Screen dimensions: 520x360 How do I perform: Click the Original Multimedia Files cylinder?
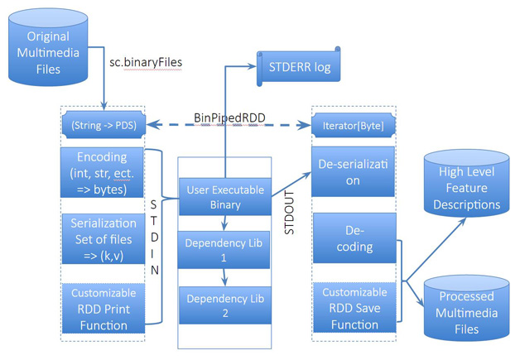pyautogui.click(x=48, y=47)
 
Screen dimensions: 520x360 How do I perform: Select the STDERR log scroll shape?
pyautogui.click(x=299, y=67)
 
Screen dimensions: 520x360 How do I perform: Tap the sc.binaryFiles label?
pyautogui.click(x=146, y=62)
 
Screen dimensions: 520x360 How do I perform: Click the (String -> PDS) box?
pyautogui.click(x=104, y=125)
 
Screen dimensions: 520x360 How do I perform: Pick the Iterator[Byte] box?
pyautogui.click(x=354, y=126)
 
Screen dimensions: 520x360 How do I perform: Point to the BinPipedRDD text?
pyautogui.click(x=229, y=118)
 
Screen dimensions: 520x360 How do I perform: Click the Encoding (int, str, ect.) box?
pyautogui.click(x=102, y=173)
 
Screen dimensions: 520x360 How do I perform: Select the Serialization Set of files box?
pyautogui.click(x=104, y=239)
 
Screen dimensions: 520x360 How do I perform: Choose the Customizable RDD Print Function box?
pyautogui.click(x=104, y=309)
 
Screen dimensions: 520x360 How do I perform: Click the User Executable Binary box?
pyautogui.click(x=225, y=197)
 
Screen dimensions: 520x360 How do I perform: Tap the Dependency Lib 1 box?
pyautogui.click(x=224, y=250)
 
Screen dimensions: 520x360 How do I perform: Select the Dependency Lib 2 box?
pyautogui.click(x=225, y=305)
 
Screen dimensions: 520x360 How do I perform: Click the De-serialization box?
pyautogui.click(x=353, y=171)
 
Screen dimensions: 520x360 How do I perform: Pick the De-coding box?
pyautogui.click(x=354, y=238)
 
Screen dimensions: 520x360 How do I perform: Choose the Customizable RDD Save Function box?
pyautogui.click(x=354, y=308)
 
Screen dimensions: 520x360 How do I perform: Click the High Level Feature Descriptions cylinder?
pyautogui.click(x=467, y=184)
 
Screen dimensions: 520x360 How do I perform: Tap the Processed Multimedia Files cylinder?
pyautogui.click(x=467, y=308)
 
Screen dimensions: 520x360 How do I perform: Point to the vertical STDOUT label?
pyautogui.click(x=289, y=213)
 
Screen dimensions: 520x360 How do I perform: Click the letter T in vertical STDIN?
pyautogui.click(x=153, y=221)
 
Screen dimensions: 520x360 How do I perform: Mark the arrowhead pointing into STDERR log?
pyautogui.click(x=252, y=66)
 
